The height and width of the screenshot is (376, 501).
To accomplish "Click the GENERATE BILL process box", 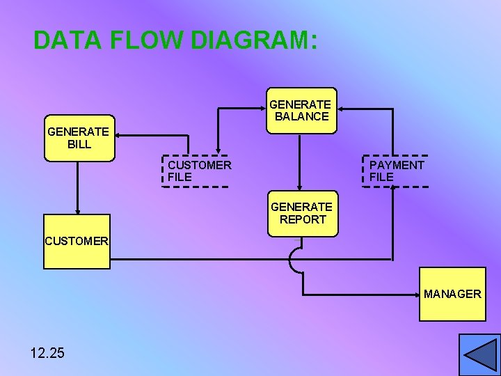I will click(79, 138).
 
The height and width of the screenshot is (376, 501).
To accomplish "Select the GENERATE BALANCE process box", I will click(301, 110).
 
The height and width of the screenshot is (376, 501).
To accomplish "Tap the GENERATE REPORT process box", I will click(301, 213).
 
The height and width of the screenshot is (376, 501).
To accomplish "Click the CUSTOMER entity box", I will click(77, 242).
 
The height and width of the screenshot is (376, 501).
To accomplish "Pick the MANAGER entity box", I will click(452, 295).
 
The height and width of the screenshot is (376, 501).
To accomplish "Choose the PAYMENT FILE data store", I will click(396, 171).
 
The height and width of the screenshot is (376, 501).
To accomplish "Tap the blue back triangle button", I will click(479, 355).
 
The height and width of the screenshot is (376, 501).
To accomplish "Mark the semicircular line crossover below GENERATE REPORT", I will click(294, 260).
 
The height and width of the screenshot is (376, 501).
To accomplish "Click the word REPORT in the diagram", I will click(303, 219).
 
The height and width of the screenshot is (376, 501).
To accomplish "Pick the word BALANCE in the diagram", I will click(301, 116).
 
